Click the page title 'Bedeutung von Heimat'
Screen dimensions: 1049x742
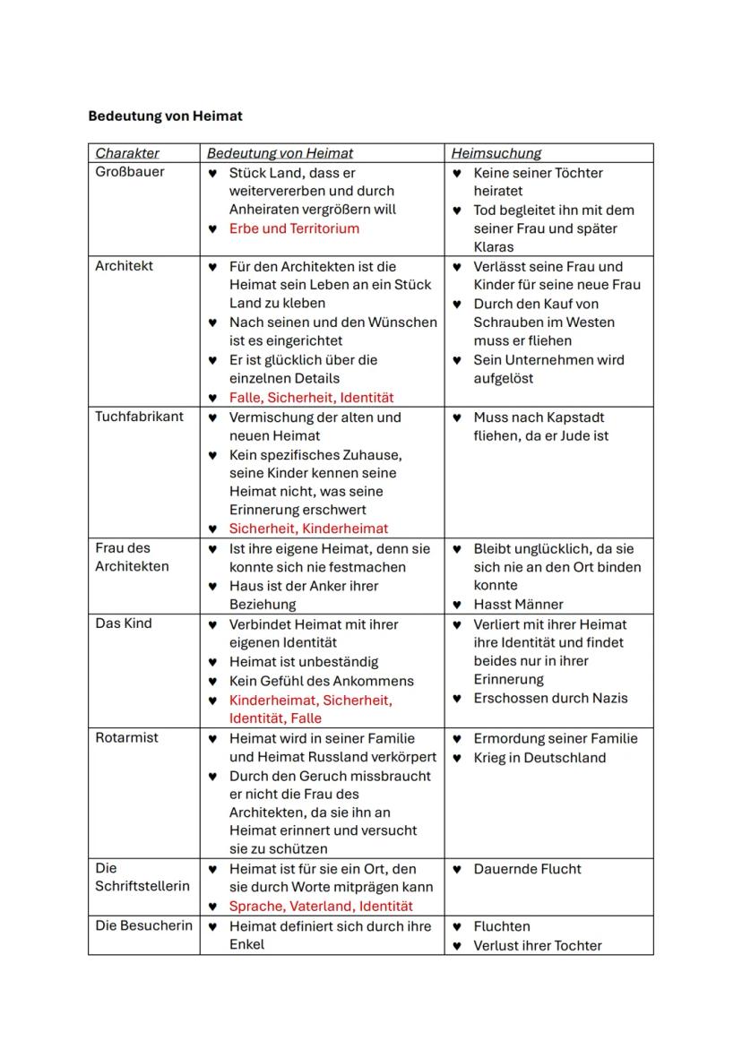[x=165, y=116]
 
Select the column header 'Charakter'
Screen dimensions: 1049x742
[x=127, y=153]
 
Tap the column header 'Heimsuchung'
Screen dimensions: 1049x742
[x=496, y=153]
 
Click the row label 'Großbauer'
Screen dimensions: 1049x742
[x=130, y=172]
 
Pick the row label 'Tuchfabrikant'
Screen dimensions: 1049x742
[x=139, y=417]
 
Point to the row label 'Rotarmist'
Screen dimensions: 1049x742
[x=126, y=737]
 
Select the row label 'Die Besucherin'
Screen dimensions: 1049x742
[x=143, y=925]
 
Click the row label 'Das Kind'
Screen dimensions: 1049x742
[x=124, y=623]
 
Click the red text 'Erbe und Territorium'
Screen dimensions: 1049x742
[x=294, y=228]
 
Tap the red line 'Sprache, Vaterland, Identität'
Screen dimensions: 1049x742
[x=321, y=906]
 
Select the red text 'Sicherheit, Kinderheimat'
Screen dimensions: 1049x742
[x=308, y=529]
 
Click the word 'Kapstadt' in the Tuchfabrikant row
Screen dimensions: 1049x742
[x=576, y=417]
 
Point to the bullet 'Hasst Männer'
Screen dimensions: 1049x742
[x=518, y=605]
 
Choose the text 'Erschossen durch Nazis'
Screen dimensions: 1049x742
[x=550, y=698]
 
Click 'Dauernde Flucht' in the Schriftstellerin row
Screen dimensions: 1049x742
[x=527, y=869]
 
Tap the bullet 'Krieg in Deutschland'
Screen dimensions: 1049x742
[x=539, y=758]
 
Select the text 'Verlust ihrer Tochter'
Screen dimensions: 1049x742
[x=538, y=945]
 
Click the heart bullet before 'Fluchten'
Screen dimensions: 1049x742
[x=457, y=926]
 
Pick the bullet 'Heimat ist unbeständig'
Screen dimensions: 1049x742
[x=304, y=662]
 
